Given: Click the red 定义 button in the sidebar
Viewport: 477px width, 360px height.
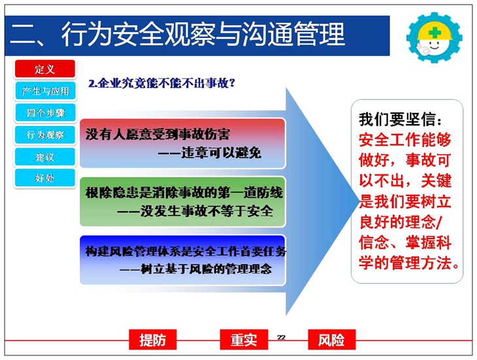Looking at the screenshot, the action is [45, 69].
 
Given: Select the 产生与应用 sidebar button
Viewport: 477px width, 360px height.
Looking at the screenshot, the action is [45, 91].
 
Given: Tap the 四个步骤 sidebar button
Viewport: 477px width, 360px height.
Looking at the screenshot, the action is [45, 113].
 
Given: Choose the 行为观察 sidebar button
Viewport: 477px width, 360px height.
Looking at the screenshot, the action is [45, 135].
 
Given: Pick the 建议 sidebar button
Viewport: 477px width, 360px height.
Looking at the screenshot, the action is [45, 157].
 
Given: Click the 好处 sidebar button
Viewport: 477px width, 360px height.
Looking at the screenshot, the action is [45, 178].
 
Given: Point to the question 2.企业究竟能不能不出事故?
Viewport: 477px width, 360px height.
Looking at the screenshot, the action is [161, 83].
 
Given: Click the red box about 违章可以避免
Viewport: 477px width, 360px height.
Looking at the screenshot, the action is [182, 143].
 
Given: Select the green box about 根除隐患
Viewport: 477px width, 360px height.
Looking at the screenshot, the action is [182, 202].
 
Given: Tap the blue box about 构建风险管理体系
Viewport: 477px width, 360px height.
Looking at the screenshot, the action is [182, 260].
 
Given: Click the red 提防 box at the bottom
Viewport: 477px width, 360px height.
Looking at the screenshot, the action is [153, 340].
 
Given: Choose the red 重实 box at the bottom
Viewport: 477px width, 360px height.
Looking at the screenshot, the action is [244, 340].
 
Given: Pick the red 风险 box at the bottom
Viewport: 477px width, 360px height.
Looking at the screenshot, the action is [331, 340].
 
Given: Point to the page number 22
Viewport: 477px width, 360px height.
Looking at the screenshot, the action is [281, 337].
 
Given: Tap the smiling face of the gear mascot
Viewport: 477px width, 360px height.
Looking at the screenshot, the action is [433, 46].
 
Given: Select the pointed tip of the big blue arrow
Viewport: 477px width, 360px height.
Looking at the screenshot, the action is [359, 201].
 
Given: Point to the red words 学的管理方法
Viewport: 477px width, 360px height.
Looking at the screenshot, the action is [409, 263].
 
